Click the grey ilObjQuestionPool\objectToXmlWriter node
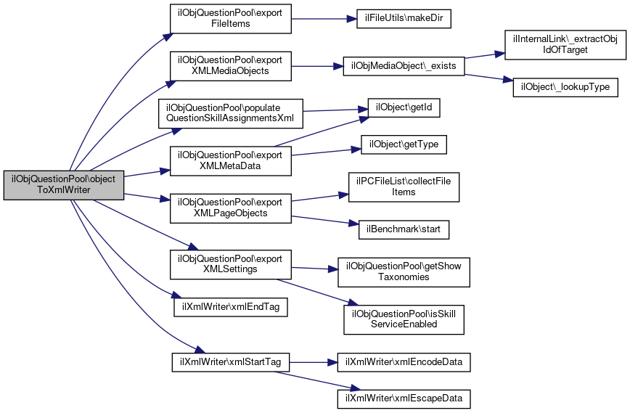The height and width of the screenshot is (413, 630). click(64, 185)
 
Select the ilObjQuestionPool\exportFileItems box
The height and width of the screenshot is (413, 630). click(230, 18)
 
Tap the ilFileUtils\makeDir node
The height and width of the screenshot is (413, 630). click(404, 18)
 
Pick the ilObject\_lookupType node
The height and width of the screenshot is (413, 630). click(565, 86)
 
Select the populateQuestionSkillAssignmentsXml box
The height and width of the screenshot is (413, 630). click(234, 112)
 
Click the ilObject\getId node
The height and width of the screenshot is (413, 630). click(404, 107)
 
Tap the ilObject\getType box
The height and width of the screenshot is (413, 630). click(404, 145)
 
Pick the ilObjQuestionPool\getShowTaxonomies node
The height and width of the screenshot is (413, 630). click(404, 271)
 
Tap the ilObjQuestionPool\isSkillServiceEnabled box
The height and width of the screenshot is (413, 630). click(404, 319)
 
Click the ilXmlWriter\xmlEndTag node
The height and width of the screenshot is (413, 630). click(230, 306)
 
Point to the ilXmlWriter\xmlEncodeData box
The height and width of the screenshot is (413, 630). click(404, 361)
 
